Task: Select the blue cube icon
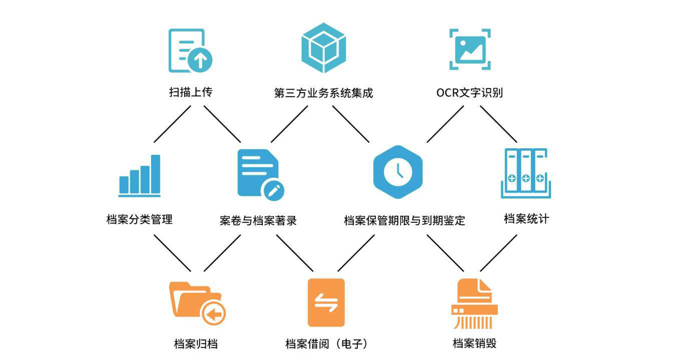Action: pos(324,48)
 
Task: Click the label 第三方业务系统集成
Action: pos(324,93)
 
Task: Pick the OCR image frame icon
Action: pos(469,49)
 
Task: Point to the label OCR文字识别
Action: pos(469,93)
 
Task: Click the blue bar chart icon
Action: pos(140,175)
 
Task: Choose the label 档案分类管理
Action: pos(140,219)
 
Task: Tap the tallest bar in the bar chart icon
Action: pos(156,174)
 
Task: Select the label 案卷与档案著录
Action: pos(258,220)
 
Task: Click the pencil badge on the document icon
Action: pos(274,190)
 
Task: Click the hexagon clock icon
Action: pos(398,172)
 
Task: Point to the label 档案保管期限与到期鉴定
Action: pos(404,220)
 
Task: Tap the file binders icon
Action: pos(525,173)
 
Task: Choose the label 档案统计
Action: pos(526,219)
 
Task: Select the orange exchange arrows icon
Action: pos(326,302)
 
